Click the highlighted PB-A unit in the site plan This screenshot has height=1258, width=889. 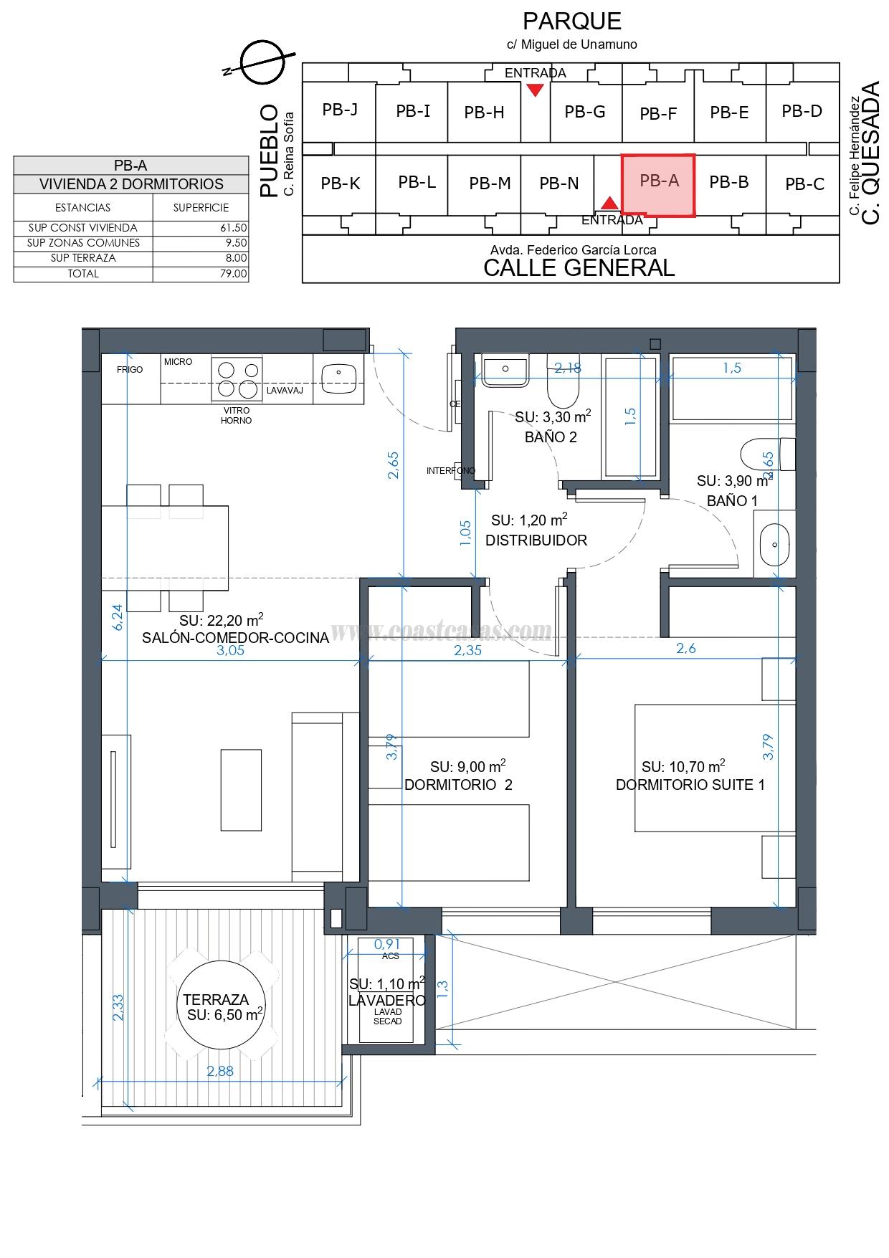[x=658, y=184]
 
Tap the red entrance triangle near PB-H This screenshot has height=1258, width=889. [x=535, y=90]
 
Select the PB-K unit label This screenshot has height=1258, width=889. [x=341, y=184]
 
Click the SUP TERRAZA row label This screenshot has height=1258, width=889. [x=83, y=258]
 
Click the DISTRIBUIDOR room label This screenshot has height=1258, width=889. [x=536, y=541]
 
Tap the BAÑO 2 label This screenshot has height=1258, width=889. [x=551, y=437]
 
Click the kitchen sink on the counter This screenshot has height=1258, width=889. [x=339, y=378]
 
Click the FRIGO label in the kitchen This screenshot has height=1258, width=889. [x=130, y=370]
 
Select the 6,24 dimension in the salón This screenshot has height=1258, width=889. [x=118, y=616]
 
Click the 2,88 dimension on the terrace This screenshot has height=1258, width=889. [x=220, y=1072]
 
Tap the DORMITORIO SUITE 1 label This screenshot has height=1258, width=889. [x=690, y=785]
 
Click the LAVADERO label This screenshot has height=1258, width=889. [x=387, y=1001]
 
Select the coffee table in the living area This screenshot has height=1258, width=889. [x=241, y=789]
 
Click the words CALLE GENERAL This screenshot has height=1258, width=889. [x=579, y=268]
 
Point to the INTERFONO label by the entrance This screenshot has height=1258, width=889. [x=450, y=471]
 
